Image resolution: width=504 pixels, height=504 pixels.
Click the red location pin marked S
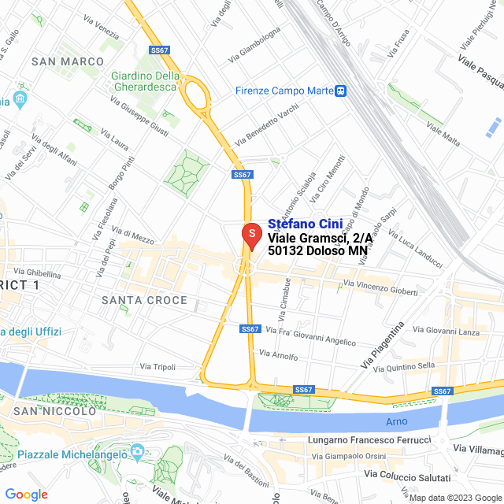point(250,235)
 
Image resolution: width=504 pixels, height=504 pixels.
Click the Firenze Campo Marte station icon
point(340,91)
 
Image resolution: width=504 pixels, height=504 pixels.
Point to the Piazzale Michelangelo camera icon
point(138,453)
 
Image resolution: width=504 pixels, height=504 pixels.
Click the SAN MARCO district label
point(68,61)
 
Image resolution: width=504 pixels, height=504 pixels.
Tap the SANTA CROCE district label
point(145,300)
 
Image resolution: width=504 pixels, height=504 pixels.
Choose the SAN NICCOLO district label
point(54,411)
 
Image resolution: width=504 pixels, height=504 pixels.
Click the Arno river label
point(397,421)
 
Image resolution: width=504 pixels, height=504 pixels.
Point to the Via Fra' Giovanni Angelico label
point(310,335)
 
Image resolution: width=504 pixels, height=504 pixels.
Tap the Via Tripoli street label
point(157,367)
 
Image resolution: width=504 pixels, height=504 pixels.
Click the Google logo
point(26,495)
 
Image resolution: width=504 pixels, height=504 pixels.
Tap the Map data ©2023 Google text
point(453,498)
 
